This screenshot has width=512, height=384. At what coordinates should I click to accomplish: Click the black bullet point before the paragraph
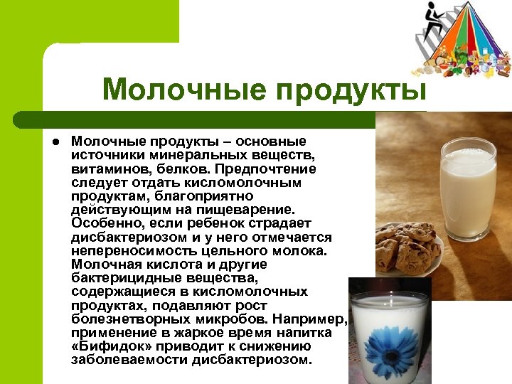[54, 142]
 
